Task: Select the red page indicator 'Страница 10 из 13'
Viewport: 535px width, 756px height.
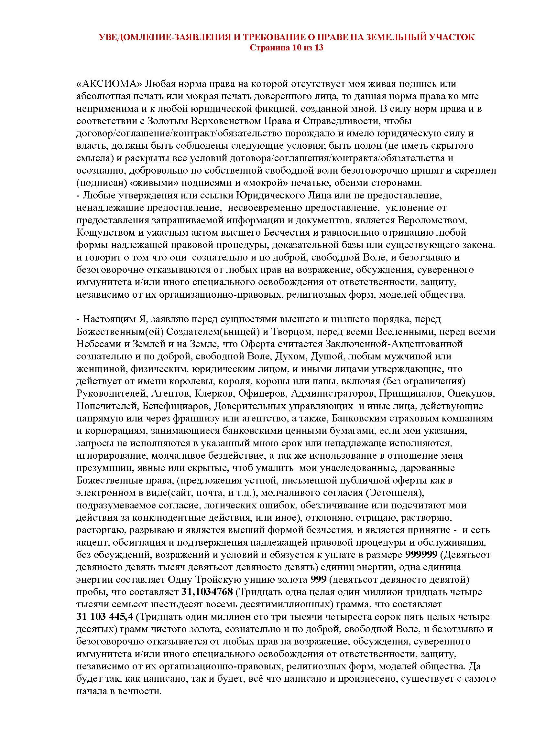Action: (x=286, y=48)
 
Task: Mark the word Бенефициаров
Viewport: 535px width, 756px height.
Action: (x=177, y=406)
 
